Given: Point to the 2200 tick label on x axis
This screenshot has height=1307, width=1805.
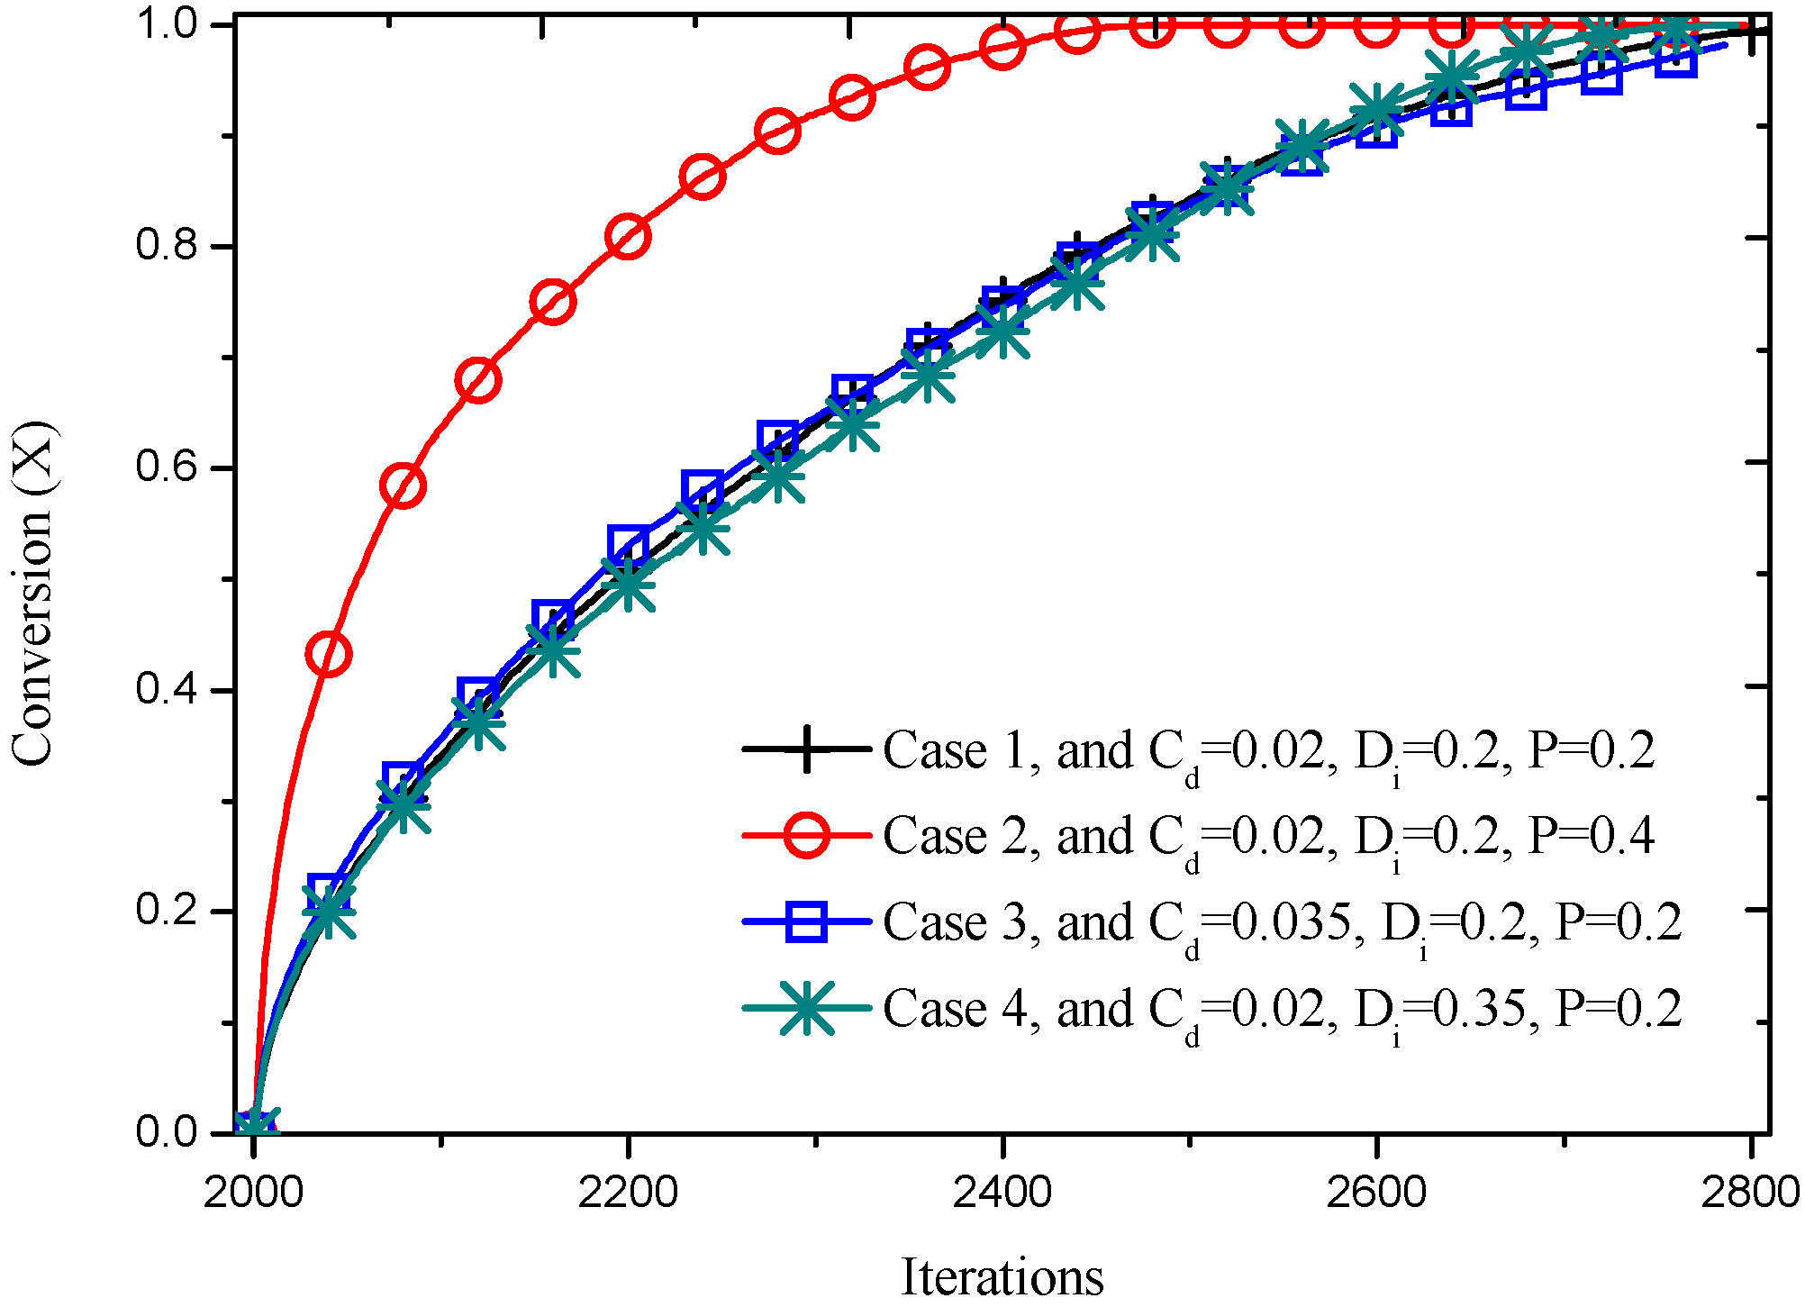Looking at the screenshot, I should coord(628,1193).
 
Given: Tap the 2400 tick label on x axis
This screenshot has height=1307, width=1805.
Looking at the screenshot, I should coord(1002,1193).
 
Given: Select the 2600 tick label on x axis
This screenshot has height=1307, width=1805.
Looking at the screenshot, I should coord(1375,1193).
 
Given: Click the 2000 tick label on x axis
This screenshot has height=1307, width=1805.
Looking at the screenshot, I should coord(254,1193).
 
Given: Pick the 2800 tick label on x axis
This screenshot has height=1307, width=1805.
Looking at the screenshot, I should coord(1749,1193).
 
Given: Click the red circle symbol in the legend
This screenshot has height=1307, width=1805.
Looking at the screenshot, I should coord(806,836).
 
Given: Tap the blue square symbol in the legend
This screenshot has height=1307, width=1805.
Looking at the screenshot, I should coord(806,921).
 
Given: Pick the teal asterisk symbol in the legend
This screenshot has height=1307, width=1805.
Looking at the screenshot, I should coord(806,1008).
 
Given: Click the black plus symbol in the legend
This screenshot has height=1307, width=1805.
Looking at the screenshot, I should coord(806,749).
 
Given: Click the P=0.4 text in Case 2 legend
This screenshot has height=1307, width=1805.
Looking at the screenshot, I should coord(1592,836).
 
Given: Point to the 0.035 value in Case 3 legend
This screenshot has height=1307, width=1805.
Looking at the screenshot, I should coord(1290,921).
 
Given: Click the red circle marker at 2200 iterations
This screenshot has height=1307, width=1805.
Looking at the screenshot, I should coord(628,237).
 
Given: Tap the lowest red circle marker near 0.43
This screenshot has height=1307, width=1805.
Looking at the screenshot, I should coord(329,653).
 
